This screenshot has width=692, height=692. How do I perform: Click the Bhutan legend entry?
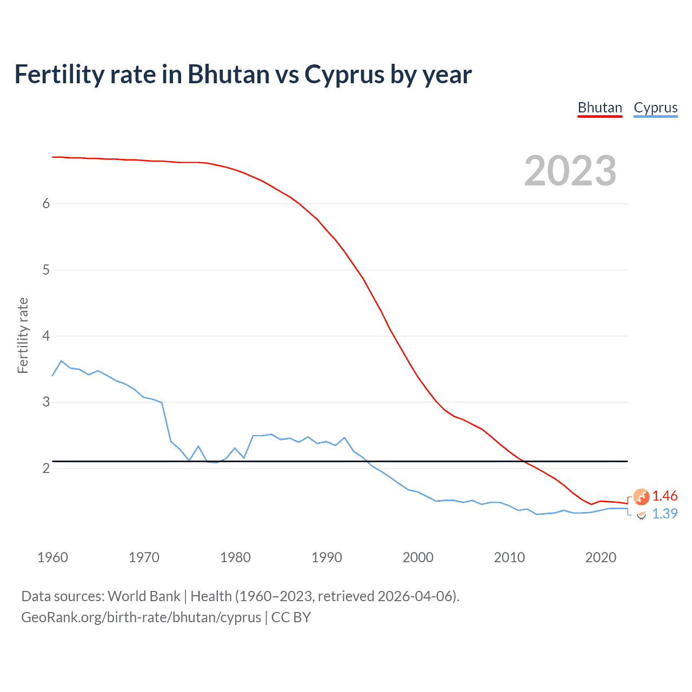[600, 108]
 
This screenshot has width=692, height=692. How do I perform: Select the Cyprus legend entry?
[655, 108]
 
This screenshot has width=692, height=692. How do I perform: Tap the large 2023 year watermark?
[570, 171]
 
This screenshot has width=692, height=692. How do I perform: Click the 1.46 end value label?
[664, 496]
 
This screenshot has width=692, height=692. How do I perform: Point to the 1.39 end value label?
[664, 514]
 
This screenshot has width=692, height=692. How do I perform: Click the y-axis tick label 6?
[46, 204]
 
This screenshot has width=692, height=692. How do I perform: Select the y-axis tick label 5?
[46, 270]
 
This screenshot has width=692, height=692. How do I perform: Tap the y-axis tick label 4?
[46, 336]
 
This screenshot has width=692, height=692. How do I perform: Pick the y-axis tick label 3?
[46, 402]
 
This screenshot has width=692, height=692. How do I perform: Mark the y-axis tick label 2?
[46, 468]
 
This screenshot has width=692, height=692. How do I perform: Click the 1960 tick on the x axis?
[52, 557]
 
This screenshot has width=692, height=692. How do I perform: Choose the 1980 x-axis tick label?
[235, 557]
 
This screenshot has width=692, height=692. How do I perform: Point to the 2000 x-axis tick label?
[418, 557]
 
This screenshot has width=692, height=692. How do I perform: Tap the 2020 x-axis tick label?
[601, 557]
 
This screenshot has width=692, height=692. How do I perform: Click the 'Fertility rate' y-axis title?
[23, 335]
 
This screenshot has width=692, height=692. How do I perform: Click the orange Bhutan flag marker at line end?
[641, 496]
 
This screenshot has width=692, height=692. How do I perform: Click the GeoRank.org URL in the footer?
[141, 617]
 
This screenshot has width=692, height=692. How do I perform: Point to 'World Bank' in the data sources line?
[144, 596]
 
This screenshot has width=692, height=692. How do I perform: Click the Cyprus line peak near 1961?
[62, 361]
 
